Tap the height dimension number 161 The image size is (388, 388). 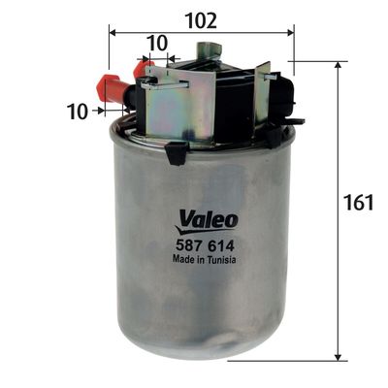tap(360, 204)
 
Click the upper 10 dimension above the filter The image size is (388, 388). tap(156, 42)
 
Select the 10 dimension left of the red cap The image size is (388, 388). tap(78, 112)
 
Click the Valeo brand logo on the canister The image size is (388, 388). tap(207, 220)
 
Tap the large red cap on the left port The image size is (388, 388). tap(113, 90)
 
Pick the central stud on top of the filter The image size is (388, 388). tap(204, 49)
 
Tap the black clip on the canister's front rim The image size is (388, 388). tap(176, 152)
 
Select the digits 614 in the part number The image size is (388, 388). tap(222, 245)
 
